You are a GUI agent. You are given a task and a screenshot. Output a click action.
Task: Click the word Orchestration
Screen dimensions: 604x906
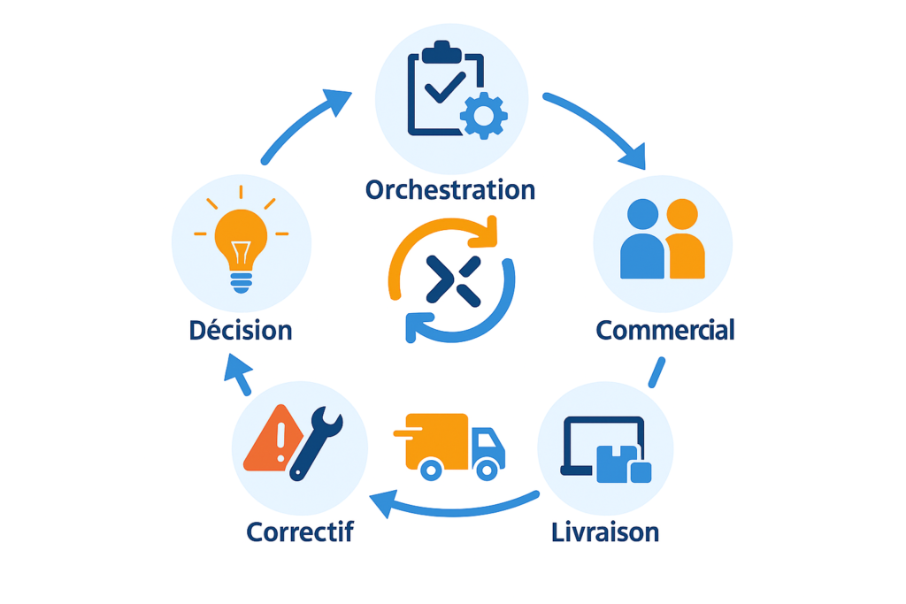click(x=449, y=189)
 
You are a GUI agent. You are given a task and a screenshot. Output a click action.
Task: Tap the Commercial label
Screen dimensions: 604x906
click(x=665, y=330)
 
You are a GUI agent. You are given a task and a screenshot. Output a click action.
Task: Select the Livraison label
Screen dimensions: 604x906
click(x=604, y=532)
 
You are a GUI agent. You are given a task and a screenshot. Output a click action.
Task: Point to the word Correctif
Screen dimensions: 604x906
click(x=300, y=532)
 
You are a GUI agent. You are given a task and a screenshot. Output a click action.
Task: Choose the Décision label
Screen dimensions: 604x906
click(x=240, y=331)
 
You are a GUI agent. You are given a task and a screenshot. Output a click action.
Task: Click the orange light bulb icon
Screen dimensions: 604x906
click(x=241, y=241)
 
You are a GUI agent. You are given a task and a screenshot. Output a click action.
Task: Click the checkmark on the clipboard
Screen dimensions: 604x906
click(x=444, y=87)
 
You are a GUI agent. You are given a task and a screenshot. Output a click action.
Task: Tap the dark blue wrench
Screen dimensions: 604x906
click(x=316, y=441)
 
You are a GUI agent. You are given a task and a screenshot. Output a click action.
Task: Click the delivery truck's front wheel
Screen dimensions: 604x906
click(x=483, y=469)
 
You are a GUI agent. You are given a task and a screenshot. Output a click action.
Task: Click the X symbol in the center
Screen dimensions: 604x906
click(x=452, y=279)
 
